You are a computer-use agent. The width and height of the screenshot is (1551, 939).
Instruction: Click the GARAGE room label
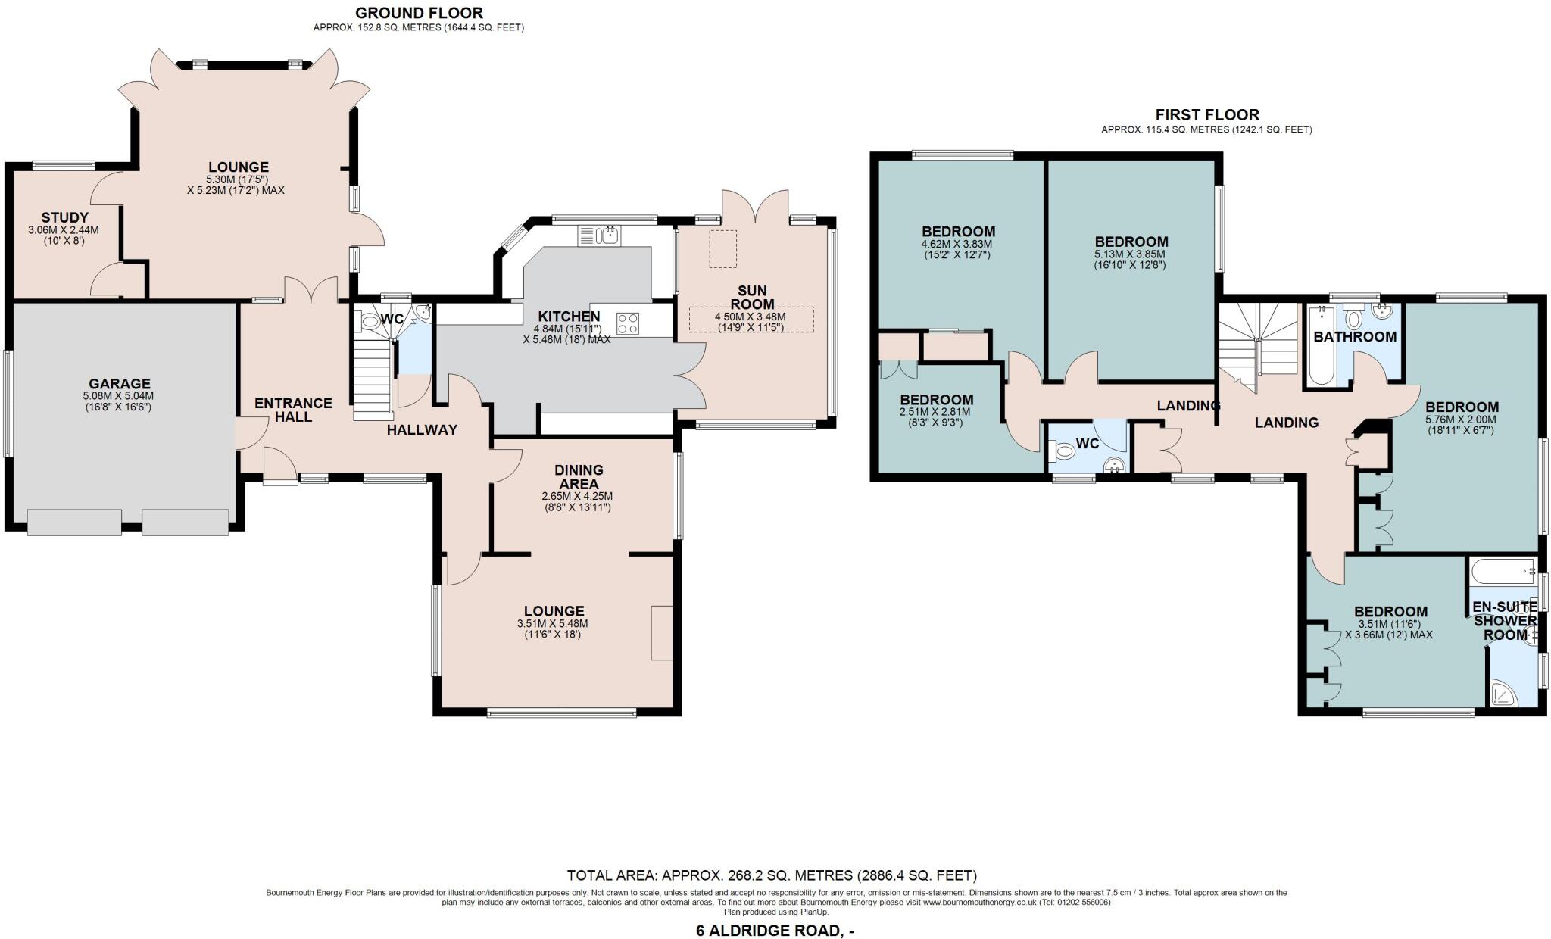119,384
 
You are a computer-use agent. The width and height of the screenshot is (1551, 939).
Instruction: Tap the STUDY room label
64,218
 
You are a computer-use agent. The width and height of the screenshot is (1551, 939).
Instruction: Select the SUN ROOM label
752,297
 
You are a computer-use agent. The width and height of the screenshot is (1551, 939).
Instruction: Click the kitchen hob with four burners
628,323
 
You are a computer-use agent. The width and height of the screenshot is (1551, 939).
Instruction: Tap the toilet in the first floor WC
1065,452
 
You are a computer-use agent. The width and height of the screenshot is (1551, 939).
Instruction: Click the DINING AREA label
578,476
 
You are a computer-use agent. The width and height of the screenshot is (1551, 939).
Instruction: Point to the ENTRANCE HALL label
293,410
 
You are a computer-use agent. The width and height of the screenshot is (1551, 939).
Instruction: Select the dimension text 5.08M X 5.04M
119,396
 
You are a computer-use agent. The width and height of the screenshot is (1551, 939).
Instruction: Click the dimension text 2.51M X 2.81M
936,412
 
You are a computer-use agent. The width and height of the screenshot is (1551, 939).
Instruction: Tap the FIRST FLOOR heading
1206,114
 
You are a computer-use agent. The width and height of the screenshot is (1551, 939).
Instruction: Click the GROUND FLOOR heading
419,12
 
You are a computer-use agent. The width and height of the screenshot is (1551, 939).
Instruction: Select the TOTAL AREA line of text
772,875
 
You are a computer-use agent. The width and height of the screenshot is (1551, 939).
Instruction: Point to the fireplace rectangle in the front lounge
661,632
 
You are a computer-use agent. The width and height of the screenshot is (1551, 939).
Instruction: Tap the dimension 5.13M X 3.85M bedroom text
1129,254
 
